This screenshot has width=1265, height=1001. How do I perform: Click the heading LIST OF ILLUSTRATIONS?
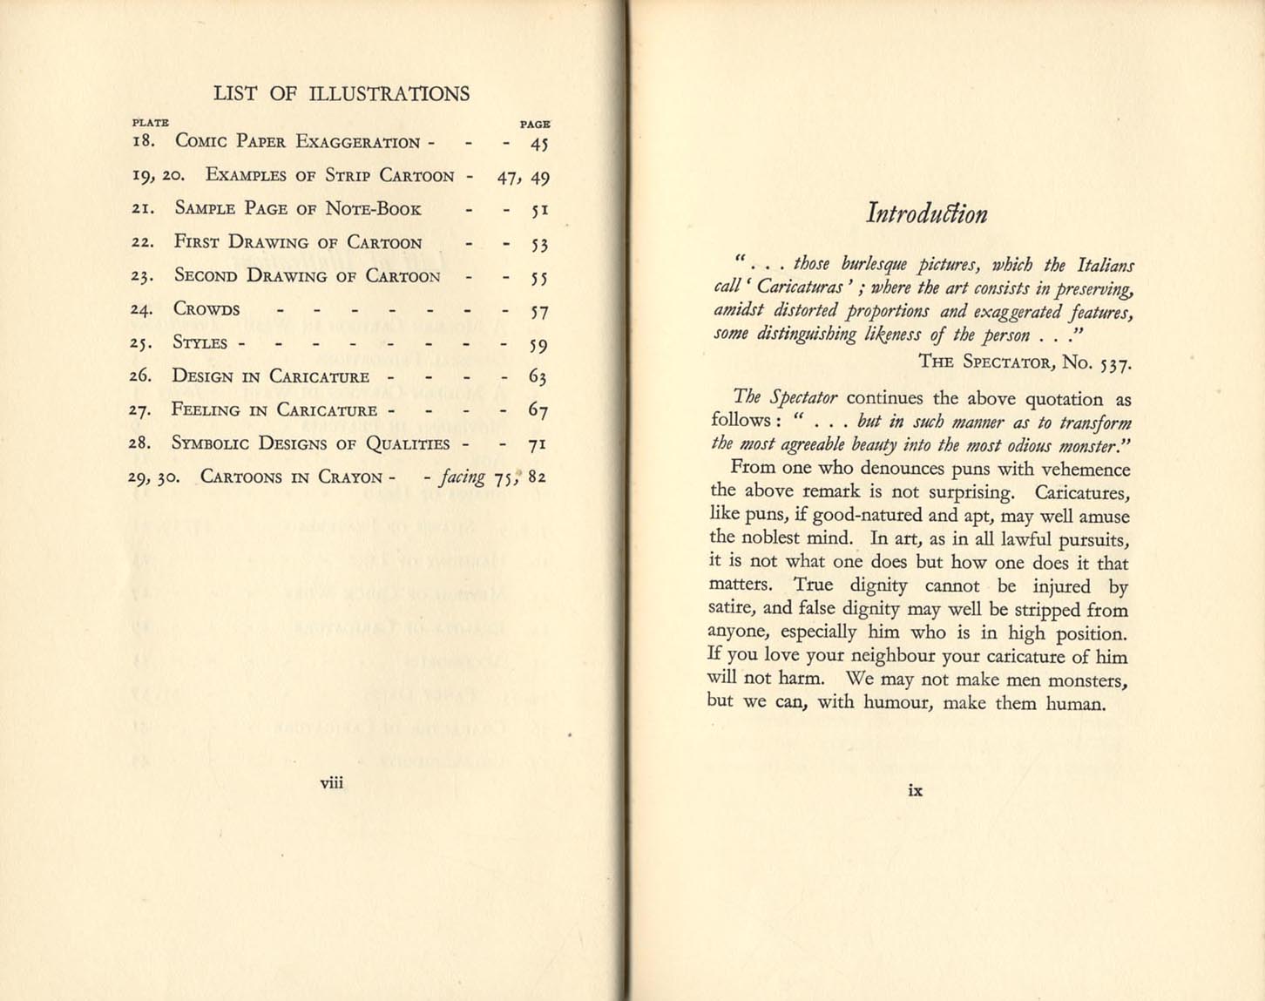coord(341,94)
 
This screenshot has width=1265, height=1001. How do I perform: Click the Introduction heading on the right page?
coord(926,214)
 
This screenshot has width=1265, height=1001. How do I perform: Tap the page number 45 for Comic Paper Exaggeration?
coord(539,144)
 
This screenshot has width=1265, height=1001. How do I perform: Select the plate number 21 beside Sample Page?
coord(143,209)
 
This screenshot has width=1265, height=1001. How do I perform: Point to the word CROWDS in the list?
coord(206,309)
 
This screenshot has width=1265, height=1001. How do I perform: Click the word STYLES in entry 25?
coord(200,342)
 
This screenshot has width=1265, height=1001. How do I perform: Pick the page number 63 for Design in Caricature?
coord(538,376)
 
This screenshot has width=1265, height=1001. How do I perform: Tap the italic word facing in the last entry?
coord(462,477)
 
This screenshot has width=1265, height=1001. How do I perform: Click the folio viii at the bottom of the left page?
coord(332,782)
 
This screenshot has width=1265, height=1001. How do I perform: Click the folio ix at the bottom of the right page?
coord(915,790)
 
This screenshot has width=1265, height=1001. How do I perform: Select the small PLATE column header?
coord(150,124)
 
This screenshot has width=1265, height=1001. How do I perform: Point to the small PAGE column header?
coord(535,125)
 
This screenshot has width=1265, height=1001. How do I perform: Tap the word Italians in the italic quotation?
coord(1106,265)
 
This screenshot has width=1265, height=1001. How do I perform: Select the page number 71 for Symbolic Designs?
coord(538,444)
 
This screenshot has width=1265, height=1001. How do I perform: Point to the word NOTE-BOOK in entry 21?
coord(373,209)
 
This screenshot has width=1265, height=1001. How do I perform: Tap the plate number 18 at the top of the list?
coord(143,141)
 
